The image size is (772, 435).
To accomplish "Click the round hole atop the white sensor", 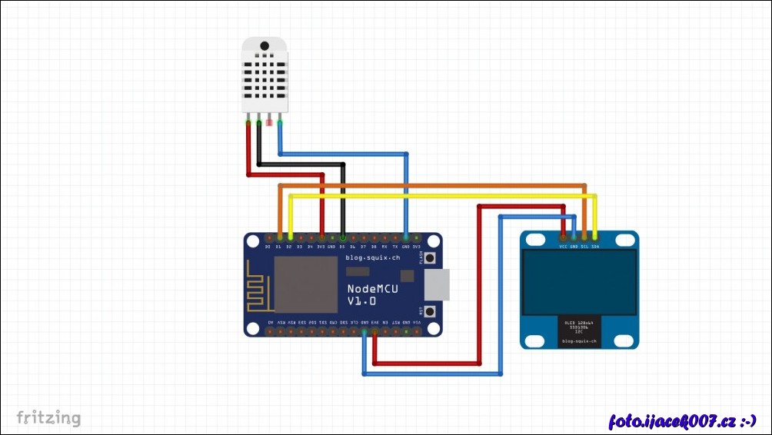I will click(x=264, y=46).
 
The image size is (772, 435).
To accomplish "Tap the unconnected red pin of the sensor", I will click(x=269, y=121).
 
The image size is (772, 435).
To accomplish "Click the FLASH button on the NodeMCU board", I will click(x=431, y=258).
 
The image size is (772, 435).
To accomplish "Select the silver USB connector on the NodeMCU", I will click(x=435, y=285).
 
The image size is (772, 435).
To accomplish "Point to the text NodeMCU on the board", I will click(x=373, y=288).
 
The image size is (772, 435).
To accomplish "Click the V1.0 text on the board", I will click(x=361, y=301).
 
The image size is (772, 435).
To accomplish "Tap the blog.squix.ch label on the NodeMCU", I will click(x=373, y=257).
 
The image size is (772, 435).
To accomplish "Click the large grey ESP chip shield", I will click(x=306, y=284).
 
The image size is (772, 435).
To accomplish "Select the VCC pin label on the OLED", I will click(x=564, y=246).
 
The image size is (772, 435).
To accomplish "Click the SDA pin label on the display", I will click(x=596, y=246).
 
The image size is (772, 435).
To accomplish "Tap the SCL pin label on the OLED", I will click(x=585, y=246).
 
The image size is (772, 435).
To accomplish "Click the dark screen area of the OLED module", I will click(x=580, y=280).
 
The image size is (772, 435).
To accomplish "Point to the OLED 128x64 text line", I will click(x=580, y=323).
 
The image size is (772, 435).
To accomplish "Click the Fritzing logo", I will click(x=48, y=418).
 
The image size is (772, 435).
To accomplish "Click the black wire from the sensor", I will click(x=300, y=164).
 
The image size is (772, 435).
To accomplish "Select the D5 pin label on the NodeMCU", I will click(x=342, y=247).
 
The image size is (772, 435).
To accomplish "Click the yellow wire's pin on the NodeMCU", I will click(x=289, y=238).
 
